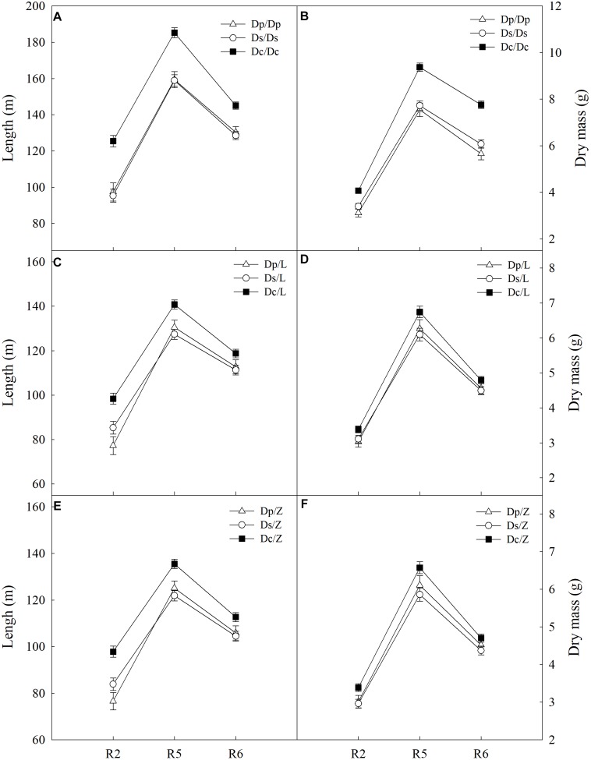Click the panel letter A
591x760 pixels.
[58, 16]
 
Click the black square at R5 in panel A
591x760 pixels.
[175, 33]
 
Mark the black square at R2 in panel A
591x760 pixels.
[113, 141]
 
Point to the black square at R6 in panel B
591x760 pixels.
[481, 104]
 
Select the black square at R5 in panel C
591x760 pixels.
[175, 304]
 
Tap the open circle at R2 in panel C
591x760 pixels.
[113, 427]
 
